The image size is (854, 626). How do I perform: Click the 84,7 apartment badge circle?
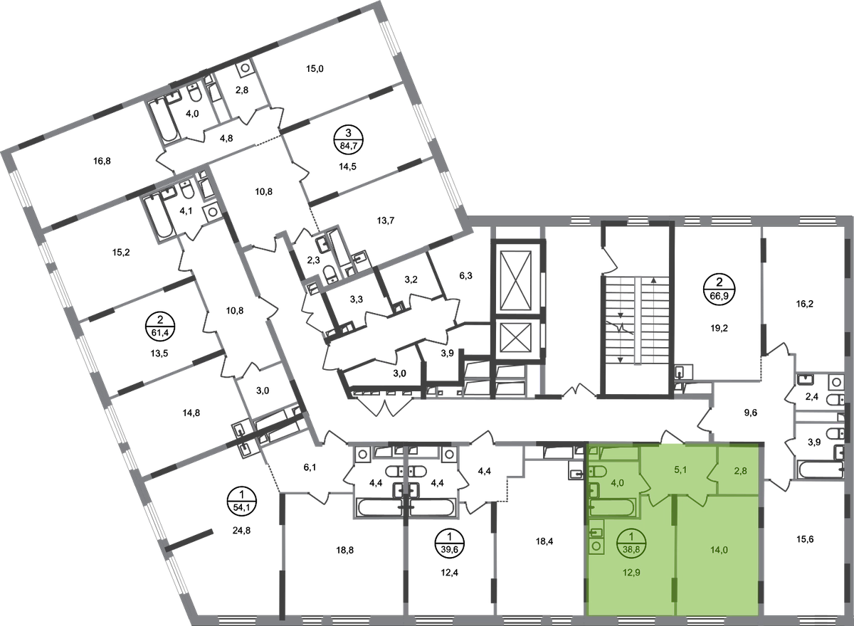click(x=348, y=139)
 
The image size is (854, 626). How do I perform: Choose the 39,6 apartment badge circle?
click(x=450, y=543)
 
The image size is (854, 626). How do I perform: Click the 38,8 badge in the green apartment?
click(x=631, y=543)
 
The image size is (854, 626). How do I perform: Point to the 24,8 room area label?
click(x=242, y=531)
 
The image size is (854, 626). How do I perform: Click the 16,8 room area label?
click(x=102, y=161)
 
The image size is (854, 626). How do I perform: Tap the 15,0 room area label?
click(x=315, y=69)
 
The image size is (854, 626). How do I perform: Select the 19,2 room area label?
click(x=719, y=328)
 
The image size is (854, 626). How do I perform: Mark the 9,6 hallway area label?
click(x=751, y=413)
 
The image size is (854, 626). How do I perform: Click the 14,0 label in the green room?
click(x=719, y=550)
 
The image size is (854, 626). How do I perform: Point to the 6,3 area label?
click(x=465, y=275)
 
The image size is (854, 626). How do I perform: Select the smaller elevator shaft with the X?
click(x=516, y=338)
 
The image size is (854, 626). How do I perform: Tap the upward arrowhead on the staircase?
click(x=654, y=280)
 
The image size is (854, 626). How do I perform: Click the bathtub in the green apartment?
click(x=611, y=507)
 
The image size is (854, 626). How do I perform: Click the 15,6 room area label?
click(x=805, y=539)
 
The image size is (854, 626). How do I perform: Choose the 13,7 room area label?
click(x=385, y=221)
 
